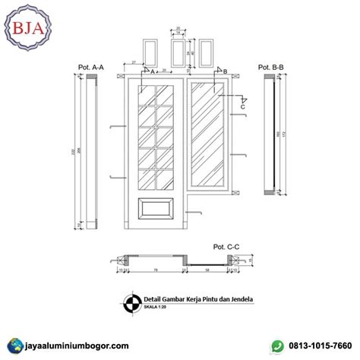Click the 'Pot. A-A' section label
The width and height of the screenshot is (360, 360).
90,68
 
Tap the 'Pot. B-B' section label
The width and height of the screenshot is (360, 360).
270,68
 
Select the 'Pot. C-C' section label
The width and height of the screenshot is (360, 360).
226,246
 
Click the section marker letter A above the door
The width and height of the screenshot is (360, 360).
152,71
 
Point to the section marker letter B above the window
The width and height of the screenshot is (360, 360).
226,71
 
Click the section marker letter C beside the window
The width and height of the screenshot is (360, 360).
243,107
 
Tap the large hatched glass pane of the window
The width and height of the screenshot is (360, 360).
208,134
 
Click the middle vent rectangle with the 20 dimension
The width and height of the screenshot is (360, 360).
178,52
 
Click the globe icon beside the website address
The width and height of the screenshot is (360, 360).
11,346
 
